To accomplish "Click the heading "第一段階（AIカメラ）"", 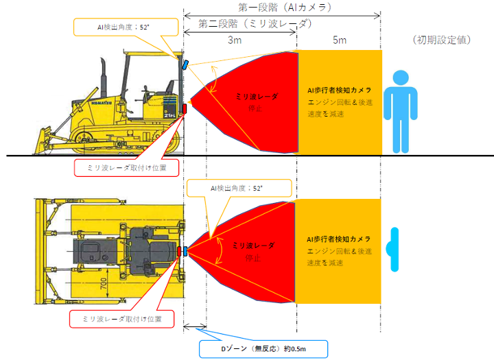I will [x=285, y=7].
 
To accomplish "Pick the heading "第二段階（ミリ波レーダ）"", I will [x=255, y=23].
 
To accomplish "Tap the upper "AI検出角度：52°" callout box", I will [x=126, y=28].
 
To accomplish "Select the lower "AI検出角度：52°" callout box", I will [x=240, y=187].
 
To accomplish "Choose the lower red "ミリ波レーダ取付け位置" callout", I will [x=121, y=319].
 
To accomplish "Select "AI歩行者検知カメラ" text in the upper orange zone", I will [x=340, y=90].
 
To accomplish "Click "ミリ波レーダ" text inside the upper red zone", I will [x=254, y=97].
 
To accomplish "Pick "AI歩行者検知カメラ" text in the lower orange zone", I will [x=340, y=239].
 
